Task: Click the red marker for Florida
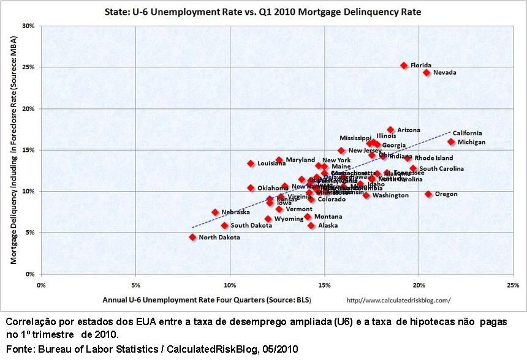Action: click(404, 66)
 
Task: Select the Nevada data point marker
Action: click(427, 73)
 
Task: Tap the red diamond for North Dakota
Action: click(192, 237)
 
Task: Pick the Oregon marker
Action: click(428, 194)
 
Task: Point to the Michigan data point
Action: click(451, 142)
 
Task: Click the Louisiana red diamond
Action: click(251, 163)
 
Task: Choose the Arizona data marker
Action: click(390, 130)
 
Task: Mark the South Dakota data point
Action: click(224, 226)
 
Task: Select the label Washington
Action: click(390, 195)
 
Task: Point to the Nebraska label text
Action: click(235, 212)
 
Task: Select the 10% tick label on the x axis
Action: click(230, 285)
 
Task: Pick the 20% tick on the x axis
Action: click(419, 285)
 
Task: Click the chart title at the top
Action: click(263, 12)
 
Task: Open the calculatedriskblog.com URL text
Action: click(398, 300)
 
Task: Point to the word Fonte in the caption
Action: click(18, 349)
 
